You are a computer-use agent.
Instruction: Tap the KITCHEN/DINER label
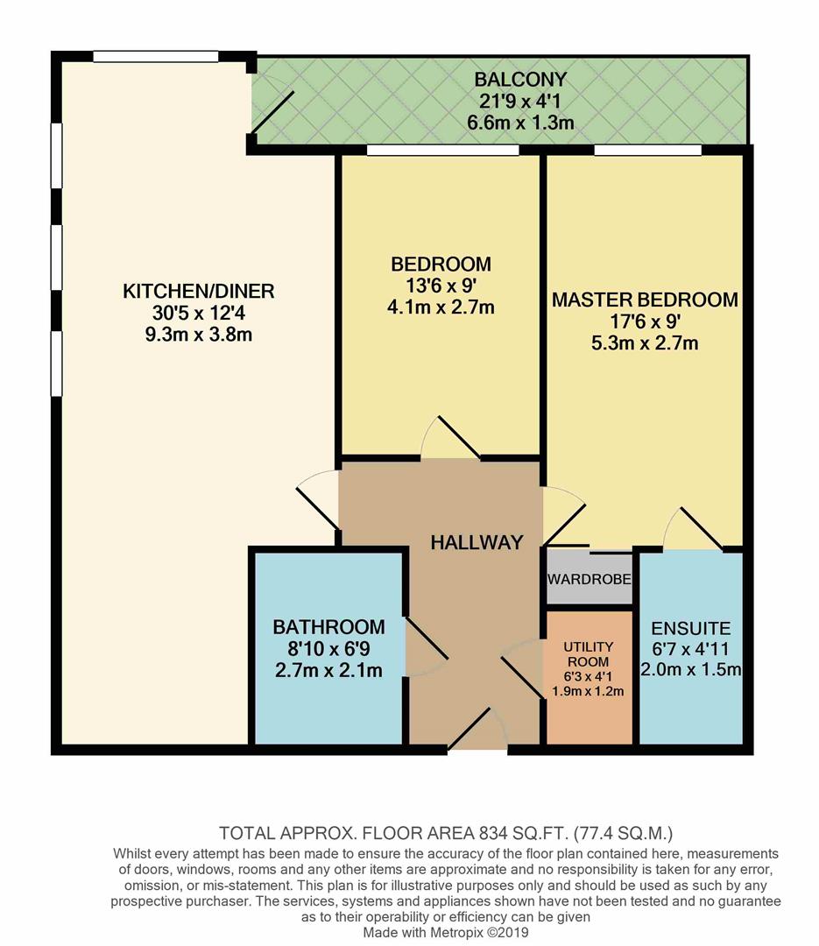point(199,291)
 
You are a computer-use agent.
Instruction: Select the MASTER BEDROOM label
point(645,300)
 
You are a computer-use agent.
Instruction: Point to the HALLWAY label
point(477,542)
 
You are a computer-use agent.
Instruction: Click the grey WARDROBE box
point(590,580)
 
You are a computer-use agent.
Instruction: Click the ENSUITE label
point(690,629)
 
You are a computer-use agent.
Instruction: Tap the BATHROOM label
point(328,627)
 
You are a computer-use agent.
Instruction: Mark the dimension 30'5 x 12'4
point(199,313)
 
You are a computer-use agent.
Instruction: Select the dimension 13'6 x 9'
point(441,286)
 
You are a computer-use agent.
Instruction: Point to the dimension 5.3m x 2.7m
point(645,342)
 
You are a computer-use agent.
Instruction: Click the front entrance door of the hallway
point(477,731)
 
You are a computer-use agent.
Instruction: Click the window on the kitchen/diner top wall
point(156,57)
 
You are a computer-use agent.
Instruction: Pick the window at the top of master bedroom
point(647,151)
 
